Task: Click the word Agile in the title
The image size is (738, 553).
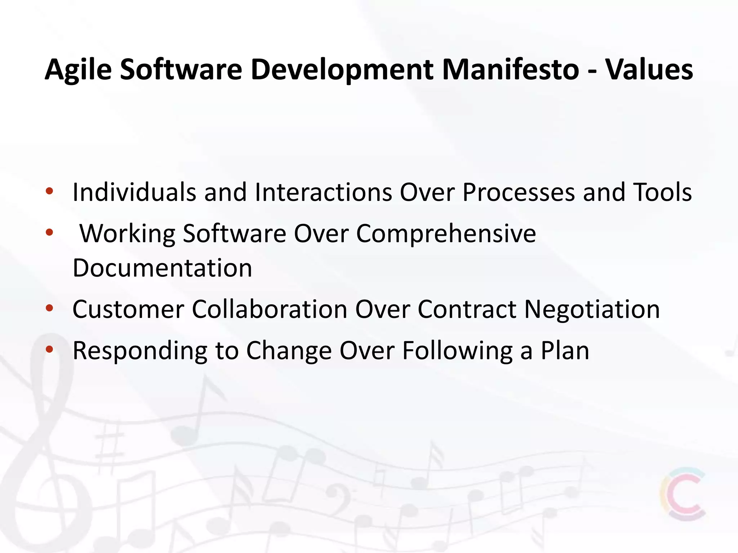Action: click(78, 69)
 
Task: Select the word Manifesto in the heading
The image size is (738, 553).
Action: click(510, 69)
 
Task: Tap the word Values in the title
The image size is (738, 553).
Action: click(649, 69)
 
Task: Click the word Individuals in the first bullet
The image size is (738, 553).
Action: click(134, 192)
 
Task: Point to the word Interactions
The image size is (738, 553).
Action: click(323, 192)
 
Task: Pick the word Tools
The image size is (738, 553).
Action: click(662, 192)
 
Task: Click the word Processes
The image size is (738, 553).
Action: click(519, 192)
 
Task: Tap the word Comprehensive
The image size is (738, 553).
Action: click(446, 234)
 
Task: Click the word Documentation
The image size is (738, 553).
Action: click(162, 268)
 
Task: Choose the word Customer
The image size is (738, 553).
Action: click(128, 309)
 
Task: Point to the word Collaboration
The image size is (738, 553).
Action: click(269, 309)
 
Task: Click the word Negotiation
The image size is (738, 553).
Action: click(592, 309)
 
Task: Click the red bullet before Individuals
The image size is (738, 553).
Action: click(49, 191)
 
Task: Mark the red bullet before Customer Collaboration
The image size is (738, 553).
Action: click(49, 308)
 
